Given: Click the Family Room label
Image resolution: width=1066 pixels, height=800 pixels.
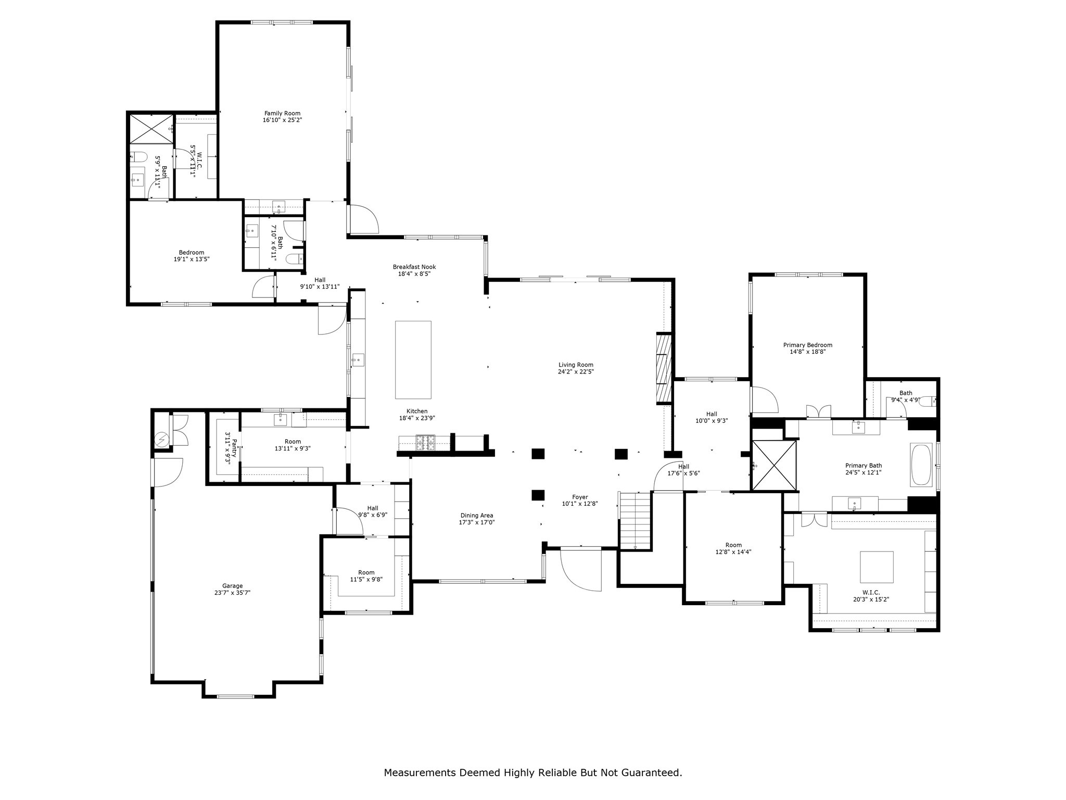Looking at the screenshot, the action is pos(282,113).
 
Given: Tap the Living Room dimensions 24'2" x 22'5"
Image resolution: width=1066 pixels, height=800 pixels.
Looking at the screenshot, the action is pos(576,372).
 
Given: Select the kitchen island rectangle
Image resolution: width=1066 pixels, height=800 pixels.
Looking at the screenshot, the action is pos(413,360).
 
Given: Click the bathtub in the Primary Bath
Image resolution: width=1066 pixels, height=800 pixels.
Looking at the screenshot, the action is pos(921,465).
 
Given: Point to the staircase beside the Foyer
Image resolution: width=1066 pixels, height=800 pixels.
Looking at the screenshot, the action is pos(634,520).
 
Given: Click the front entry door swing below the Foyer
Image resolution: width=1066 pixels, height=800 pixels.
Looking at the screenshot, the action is pos(581,570).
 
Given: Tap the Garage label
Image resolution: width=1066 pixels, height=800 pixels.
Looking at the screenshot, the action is pos(232,586).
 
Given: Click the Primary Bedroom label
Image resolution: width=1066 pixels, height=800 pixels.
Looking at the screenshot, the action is pos(808,345).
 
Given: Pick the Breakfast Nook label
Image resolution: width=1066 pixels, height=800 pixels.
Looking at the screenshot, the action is pos(414,267).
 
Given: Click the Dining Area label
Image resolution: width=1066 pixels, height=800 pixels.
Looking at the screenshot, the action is pos(476,516).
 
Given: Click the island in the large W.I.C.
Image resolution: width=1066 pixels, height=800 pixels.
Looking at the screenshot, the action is pos(877,567).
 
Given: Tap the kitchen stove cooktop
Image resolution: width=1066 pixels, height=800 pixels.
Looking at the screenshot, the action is pos(425,443).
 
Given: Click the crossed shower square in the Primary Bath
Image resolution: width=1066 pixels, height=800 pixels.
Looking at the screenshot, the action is pos(775,466).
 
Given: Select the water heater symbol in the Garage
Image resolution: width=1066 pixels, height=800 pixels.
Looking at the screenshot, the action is pos(162,440).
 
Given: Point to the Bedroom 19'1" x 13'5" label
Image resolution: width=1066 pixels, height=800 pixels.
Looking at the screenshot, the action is pos(192,256).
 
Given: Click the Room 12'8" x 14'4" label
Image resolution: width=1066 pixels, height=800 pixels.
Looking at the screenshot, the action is pos(733,548).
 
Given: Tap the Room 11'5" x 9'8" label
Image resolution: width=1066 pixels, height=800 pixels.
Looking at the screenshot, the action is pos(366,576).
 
